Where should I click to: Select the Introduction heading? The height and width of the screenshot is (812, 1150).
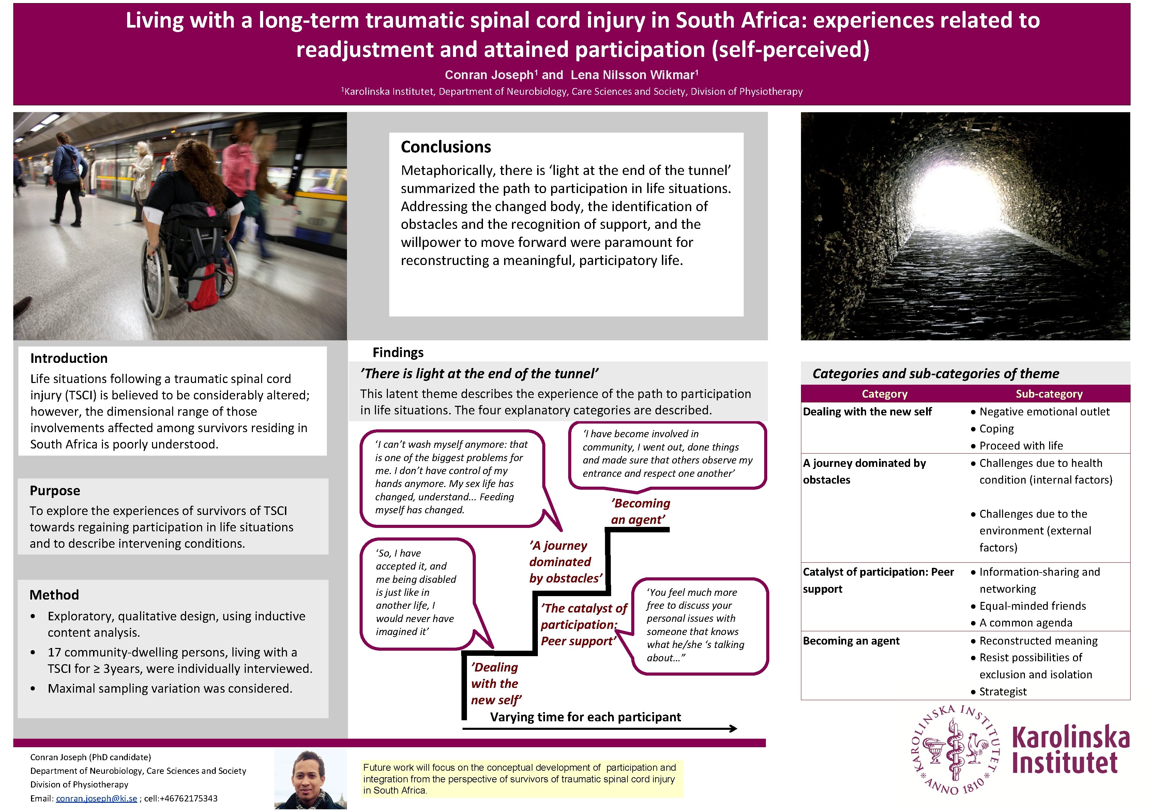coord(69,358)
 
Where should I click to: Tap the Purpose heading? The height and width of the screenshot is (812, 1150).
coord(55,491)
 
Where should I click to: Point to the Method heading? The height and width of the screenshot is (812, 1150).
coord(54,595)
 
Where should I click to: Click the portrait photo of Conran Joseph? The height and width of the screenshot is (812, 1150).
coord(311,779)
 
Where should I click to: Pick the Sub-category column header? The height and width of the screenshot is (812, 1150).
coord(1049,394)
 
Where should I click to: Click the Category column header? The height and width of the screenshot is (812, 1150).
coord(884,394)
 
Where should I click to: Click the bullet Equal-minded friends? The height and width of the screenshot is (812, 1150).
coord(1032,606)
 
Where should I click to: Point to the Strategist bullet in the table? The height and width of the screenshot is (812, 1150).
coord(1003,692)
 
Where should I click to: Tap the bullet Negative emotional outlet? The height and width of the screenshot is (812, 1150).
coord(1044,412)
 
